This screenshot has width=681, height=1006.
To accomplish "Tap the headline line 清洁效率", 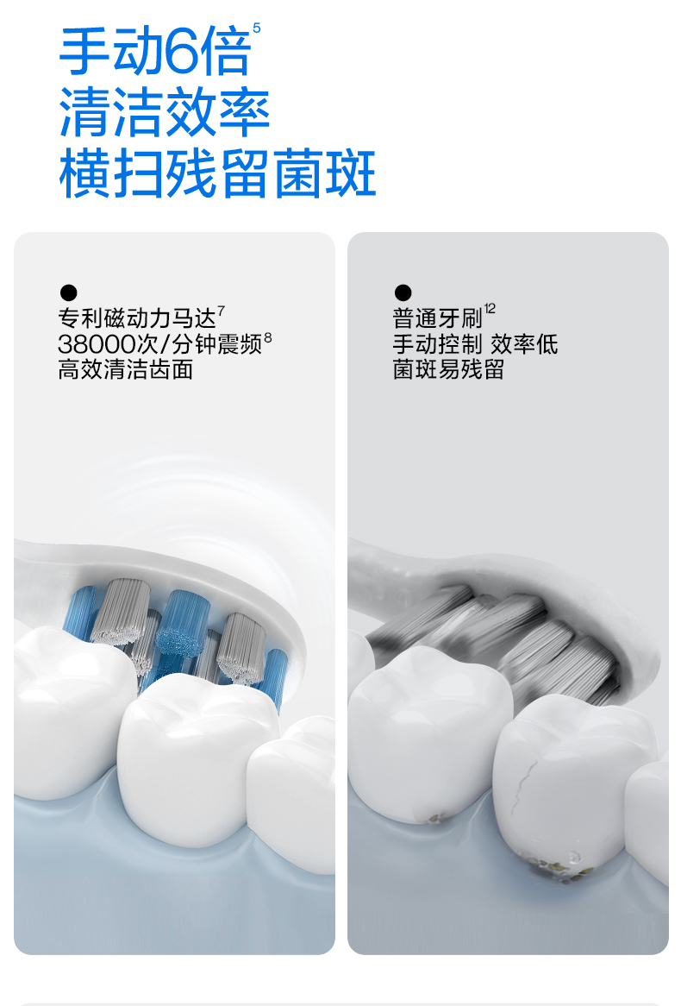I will click(165, 113).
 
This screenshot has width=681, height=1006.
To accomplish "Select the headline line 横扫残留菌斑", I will click(217, 173).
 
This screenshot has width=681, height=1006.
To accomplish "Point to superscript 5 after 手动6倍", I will click(257, 29).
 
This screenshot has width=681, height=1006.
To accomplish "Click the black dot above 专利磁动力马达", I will click(68, 292).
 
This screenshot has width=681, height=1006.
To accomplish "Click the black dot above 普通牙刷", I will click(403, 292).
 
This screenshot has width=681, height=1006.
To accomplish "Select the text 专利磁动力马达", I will click(136, 318).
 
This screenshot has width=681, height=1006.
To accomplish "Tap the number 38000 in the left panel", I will click(96, 344).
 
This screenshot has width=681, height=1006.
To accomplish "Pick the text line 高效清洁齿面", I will click(126, 370).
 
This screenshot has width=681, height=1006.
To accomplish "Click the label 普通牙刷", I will click(437, 318).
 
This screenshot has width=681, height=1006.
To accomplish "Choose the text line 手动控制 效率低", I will click(475, 344).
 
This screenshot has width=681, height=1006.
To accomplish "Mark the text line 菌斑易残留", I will click(448, 370).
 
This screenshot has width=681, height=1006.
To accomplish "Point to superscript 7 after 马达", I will click(222, 310).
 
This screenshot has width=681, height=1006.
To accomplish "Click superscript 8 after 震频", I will click(268, 336).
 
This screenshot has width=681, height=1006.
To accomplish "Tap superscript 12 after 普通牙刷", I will click(490, 308).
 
